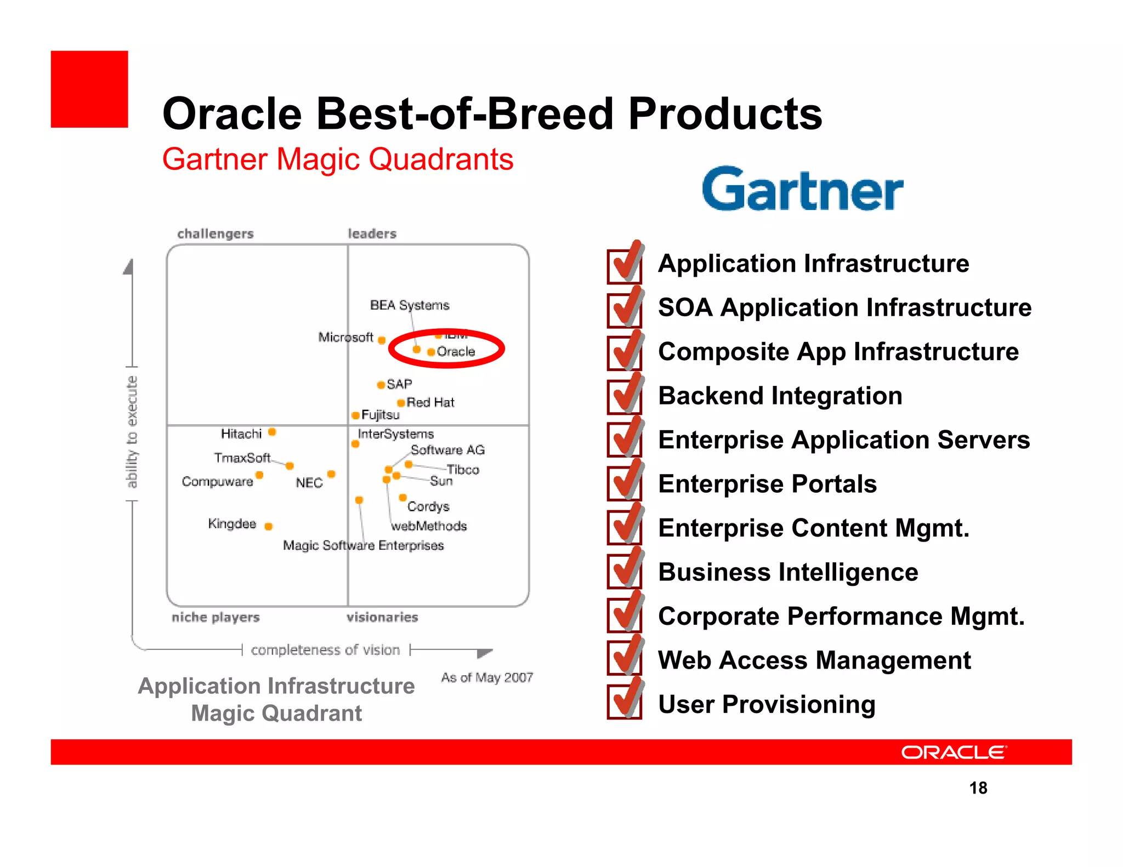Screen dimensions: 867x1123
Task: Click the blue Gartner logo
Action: point(802,190)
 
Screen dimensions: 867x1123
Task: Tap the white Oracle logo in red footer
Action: point(954,752)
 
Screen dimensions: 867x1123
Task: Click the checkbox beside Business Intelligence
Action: point(625,571)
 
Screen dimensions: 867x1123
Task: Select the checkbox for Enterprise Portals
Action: point(625,483)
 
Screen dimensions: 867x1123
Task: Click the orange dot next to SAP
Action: point(381,385)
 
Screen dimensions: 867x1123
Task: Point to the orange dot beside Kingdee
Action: point(268,526)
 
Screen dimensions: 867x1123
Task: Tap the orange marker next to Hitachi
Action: point(272,432)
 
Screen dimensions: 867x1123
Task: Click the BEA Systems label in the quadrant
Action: point(409,305)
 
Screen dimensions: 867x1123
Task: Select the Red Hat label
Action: point(430,402)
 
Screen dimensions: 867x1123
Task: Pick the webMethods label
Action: point(429,526)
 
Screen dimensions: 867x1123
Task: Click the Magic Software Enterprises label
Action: point(363,545)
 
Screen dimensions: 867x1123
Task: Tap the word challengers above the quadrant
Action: point(215,233)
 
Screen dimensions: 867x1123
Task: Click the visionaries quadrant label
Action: point(382,617)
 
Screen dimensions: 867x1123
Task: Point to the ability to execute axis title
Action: point(132,432)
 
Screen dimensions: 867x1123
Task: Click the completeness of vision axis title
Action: point(325,650)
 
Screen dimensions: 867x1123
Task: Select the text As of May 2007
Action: point(487,677)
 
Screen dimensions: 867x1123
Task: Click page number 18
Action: point(978,788)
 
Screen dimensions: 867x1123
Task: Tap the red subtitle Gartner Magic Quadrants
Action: point(337,159)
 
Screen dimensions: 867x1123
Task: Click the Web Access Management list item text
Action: point(814,660)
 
